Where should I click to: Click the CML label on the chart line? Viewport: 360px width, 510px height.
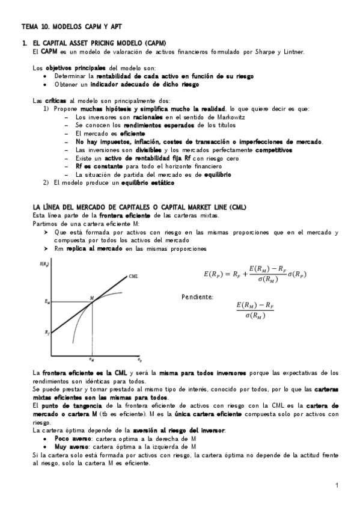pyautogui.click(x=133, y=276)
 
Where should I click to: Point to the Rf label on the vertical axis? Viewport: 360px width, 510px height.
pyautogui.click(x=47, y=332)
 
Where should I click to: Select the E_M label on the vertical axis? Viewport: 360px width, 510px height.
pyautogui.click(x=47, y=301)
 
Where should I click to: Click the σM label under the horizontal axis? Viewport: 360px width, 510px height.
pyautogui.click(x=91, y=360)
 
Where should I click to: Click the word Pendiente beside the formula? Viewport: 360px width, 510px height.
pyautogui.click(x=197, y=297)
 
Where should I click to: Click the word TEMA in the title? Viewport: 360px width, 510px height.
pyautogui.click(x=29, y=27)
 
